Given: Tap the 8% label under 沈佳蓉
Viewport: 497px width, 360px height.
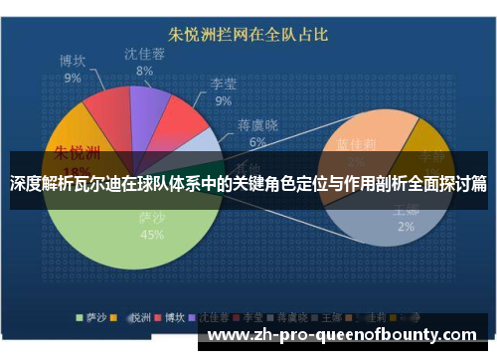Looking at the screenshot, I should pos(145,72).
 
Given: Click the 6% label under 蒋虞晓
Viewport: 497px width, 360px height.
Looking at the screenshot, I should pos(257,142).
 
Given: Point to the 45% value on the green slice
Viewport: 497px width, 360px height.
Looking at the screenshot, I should pos(152,236).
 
